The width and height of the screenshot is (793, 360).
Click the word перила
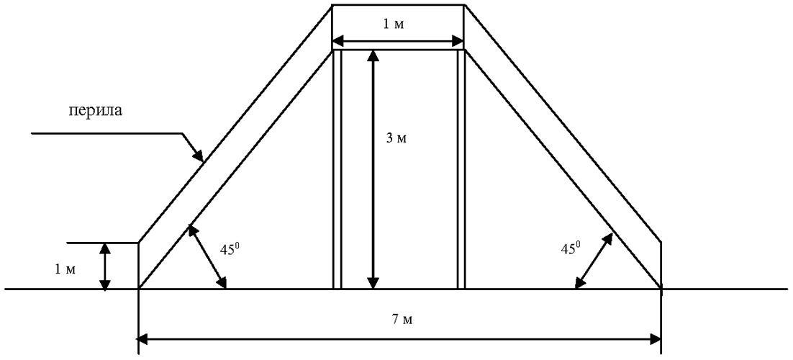96,111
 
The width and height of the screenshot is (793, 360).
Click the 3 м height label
396,138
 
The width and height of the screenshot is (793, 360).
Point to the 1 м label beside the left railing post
65,269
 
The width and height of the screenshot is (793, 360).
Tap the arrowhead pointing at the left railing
198,154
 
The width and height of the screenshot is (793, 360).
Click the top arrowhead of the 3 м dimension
373,57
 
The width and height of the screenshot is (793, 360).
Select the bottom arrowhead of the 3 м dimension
373,282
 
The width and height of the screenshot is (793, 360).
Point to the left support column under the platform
337,170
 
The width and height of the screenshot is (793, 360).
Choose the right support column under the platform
461,170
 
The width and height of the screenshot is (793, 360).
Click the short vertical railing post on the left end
139,266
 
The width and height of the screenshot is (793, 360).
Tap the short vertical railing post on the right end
661,266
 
